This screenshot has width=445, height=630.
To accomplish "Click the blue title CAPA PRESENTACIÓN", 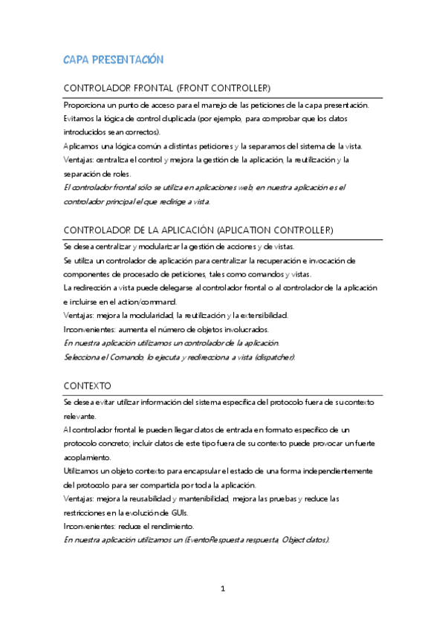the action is tap(113, 59).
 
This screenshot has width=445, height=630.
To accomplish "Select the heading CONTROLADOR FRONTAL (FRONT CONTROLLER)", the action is tap(167, 88).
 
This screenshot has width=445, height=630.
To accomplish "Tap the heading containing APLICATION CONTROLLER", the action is tap(199, 229).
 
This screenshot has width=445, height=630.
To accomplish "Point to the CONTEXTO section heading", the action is tap(88, 386).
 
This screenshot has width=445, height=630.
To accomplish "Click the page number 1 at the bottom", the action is tap(223, 589).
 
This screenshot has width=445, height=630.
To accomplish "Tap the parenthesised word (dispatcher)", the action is tap(272, 357).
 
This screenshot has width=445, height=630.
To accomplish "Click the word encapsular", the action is tap(189, 471).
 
